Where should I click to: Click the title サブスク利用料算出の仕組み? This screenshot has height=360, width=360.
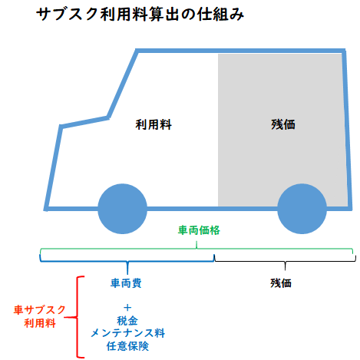(x=140, y=14)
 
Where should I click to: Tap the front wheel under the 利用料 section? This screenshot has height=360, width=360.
(x=123, y=209)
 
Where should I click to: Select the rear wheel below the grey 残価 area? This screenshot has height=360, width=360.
(x=302, y=209)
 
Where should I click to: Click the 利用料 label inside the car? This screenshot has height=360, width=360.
(x=154, y=124)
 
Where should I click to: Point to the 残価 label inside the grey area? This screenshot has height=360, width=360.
(x=283, y=124)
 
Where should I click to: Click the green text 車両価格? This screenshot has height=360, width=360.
(x=199, y=230)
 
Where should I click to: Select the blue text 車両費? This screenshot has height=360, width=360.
(x=126, y=283)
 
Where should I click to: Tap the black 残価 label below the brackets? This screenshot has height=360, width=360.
(x=281, y=283)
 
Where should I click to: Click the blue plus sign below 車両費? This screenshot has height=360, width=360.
(x=127, y=307)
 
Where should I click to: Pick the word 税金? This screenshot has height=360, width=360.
(x=127, y=321)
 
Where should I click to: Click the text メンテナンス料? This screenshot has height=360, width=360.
(x=127, y=333)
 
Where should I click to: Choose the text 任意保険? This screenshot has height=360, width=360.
(x=127, y=346)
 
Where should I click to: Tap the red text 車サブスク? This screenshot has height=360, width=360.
(x=40, y=310)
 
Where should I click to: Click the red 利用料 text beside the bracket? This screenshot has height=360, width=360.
(x=40, y=323)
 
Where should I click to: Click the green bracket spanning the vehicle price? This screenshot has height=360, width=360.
(x=197, y=249)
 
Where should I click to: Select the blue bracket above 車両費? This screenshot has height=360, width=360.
(x=127, y=262)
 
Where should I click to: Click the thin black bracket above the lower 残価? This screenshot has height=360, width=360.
(x=285, y=261)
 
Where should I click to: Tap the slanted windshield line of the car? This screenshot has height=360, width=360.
(x=123, y=84)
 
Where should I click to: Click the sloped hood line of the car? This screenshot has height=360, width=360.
(x=84, y=122)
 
